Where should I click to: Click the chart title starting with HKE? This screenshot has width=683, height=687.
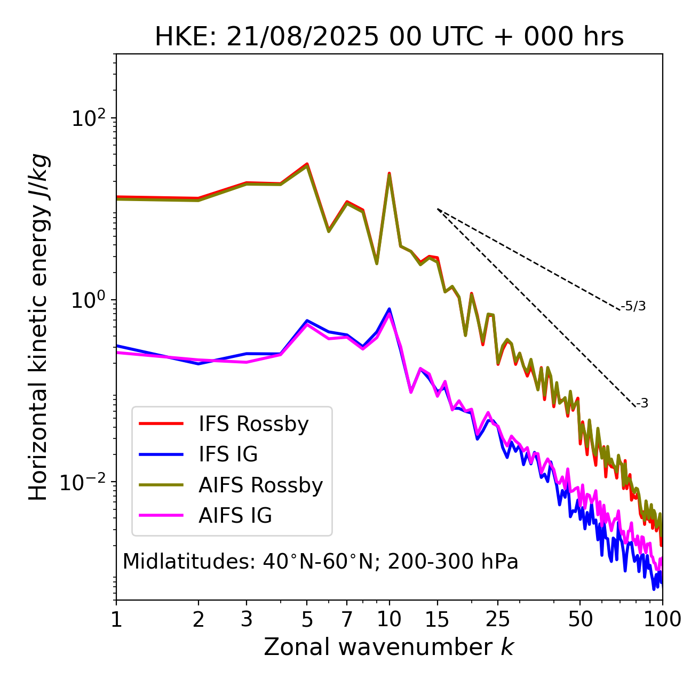[x=389, y=37]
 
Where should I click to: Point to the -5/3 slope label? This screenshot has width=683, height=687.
[x=633, y=306]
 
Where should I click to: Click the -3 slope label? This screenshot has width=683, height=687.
[x=642, y=404]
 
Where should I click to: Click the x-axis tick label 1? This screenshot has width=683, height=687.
[x=116, y=619]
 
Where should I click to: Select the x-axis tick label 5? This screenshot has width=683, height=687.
[x=307, y=619]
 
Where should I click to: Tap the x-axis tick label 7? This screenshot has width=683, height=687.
[x=347, y=619]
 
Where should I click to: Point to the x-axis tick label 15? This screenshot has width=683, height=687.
[x=438, y=619]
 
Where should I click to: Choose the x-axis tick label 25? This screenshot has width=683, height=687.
[x=498, y=619]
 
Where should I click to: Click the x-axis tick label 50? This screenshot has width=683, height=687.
[x=580, y=619]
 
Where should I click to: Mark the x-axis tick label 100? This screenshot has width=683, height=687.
[x=662, y=619]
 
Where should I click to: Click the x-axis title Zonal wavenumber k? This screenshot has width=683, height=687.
[x=389, y=647]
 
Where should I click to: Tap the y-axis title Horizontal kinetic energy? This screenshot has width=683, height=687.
[x=38, y=327]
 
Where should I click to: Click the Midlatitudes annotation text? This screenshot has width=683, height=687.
[x=320, y=562]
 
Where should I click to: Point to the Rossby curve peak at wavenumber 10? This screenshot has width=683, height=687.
[x=390, y=174]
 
